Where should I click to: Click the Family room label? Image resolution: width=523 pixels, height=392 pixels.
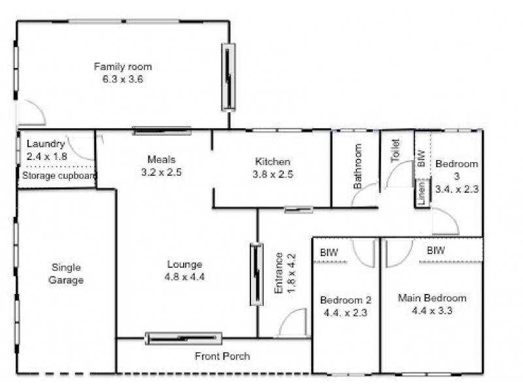click(x=122, y=67)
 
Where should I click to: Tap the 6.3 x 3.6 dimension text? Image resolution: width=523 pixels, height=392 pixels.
click(x=122, y=79)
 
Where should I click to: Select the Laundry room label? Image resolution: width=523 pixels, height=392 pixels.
click(x=46, y=144)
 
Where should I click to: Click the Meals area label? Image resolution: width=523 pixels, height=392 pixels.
click(x=161, y=159)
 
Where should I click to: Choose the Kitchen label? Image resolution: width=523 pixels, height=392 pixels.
click(x=273, y=161)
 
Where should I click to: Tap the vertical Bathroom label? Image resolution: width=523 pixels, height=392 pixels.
click(x=358, y=167)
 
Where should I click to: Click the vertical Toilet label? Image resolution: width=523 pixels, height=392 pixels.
click(x=394, y=151)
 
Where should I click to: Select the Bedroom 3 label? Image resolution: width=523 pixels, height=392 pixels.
click(x=456, y=164)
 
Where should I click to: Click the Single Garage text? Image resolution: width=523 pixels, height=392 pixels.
click(x=66, y=273)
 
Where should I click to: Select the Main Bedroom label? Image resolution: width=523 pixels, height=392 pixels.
click(x=432, y=298)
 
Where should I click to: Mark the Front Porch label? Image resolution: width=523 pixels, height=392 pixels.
click(x=222, y=356)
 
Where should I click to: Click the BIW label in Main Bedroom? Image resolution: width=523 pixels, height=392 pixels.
click(x=436, y=250)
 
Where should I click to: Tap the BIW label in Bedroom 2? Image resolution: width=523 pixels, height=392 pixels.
click(x=328, y=252)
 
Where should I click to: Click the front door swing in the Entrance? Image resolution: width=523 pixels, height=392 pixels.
click(x=293, y=322)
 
